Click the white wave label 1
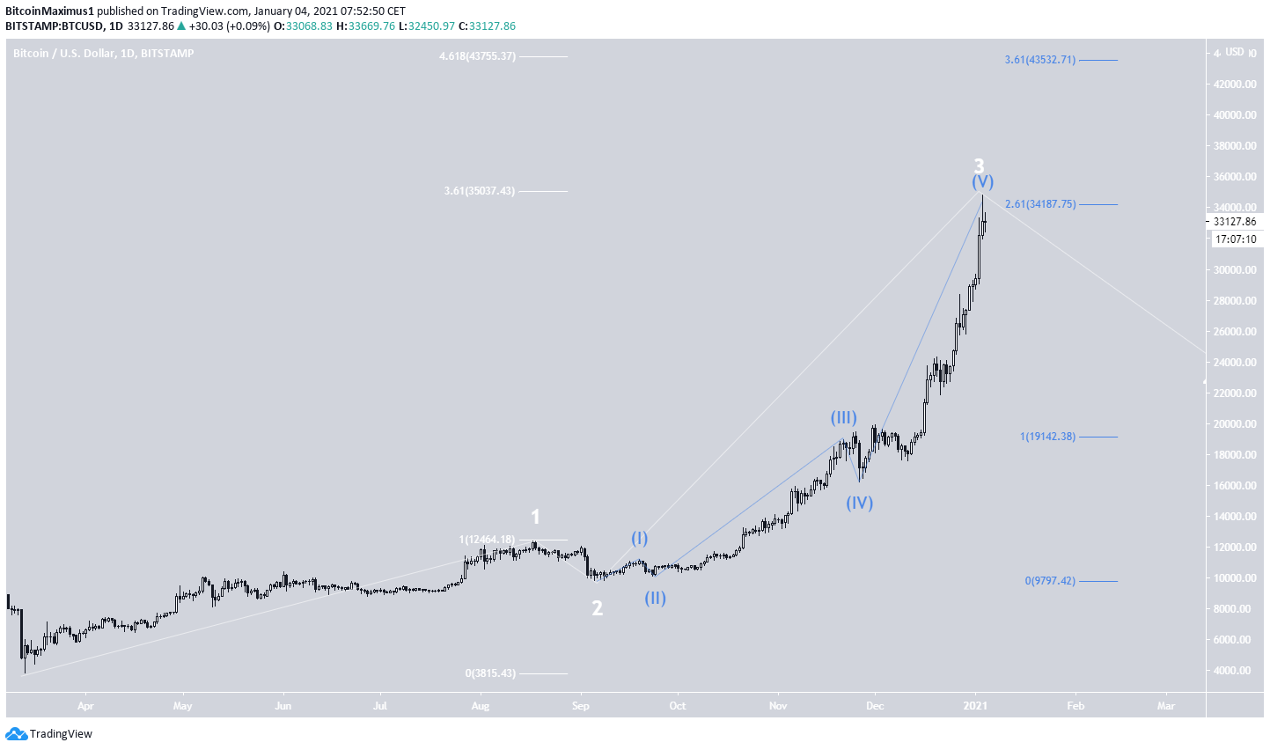[x=535, y=518]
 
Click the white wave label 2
[x=597, y=608]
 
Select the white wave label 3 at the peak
[x=979, y=165]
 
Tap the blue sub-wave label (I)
[x=639, y=538]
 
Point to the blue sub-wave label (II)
[x=655, y=599]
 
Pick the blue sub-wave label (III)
[x=843, y=417]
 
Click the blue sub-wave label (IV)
[x=859, y=504]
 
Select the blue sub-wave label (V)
[x=982, y=182]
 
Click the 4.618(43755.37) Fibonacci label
[x=478, y=56]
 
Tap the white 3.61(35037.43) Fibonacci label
[x=480, y=191]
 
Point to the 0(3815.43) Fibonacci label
[x=490, y=673]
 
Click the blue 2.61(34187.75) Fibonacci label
[x=1040, y=204]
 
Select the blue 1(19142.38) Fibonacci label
[x=1047, y=437]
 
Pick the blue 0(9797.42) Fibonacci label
[x=1050, y=581]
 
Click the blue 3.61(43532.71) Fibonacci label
[x=1040, y=60]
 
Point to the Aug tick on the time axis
[x=480, y=706]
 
